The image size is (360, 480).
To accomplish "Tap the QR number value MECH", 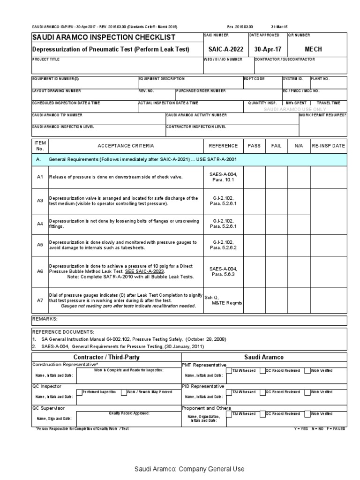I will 314,49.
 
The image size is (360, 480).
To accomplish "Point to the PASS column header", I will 254,146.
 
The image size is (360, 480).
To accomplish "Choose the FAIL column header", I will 277,146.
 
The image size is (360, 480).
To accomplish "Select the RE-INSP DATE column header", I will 329,146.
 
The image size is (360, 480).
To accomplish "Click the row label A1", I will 40,177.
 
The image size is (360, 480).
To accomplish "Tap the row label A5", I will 40,245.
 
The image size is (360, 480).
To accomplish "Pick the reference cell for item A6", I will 223,272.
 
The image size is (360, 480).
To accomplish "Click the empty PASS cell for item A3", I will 254,201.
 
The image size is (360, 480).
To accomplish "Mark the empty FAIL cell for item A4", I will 277,224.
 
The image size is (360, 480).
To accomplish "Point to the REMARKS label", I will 45,319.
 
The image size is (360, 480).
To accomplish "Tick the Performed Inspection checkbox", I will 78,392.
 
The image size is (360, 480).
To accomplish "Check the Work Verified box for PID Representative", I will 307,392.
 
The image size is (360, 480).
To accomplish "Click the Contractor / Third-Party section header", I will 106,357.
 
